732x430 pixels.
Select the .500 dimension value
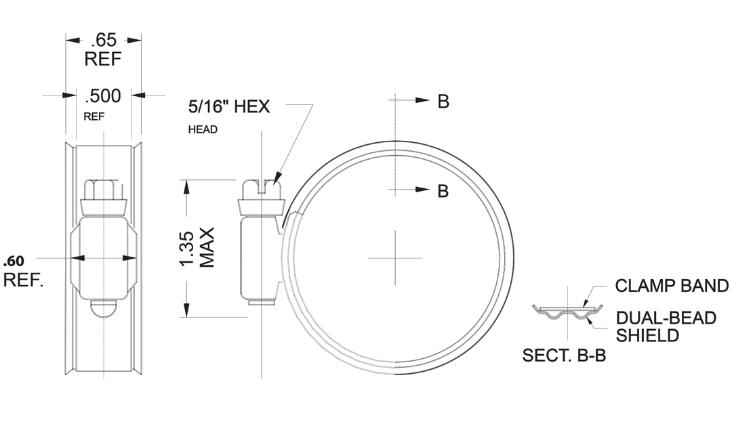(x=103, y=96)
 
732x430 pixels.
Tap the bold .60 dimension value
(x=14, y=261)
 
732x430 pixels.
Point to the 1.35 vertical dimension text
(x=190, y=249)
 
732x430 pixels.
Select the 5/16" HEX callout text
(x=229, y=106)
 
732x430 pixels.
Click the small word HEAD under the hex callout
(x=203, y=129)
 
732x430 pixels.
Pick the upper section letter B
(x=443, y=102)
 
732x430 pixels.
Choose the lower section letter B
(x=443, y=192)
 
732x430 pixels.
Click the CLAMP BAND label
(x=672, y=286)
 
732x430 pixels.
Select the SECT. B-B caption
(x=564, y=356)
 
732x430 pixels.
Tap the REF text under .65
(x=103, y=60)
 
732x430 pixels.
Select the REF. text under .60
(x=24, y=280)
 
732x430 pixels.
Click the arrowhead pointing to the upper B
(x=424, y=100)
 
